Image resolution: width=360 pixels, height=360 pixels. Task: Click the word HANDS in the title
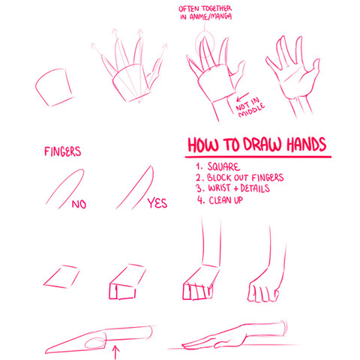pyautogui.click(x=306, y=145)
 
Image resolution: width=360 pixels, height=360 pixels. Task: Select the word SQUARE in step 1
pyautogui.click(x=223, y=166)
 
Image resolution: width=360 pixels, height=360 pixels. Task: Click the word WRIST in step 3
pyautogui.click(x=220, y=188)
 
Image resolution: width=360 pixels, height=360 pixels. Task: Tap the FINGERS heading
pyautogui.click(x=63, y=151)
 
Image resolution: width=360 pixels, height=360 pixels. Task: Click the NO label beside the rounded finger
pyautogui.click(x=79, y=204)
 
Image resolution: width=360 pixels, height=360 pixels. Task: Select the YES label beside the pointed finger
pyautogui.click(x=157, y=203)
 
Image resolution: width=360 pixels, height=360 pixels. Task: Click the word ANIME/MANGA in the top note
pyautogui.click(x=211, y=16)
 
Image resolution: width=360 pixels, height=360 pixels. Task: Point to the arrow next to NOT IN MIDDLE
pyautogui.click(x=242, y=97)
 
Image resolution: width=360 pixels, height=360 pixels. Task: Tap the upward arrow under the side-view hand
pyautogui.click(x=115, y=352)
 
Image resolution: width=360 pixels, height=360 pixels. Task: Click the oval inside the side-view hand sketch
pyautogui.click(x=94, y=343)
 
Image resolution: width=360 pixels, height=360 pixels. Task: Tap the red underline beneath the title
pyautogui.click(x=258, y=157)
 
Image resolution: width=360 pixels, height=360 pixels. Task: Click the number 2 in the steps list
pyautogui.click(x=199, y=178)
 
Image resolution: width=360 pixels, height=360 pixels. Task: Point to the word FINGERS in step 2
pyautogui.click(x=268, y=178)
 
